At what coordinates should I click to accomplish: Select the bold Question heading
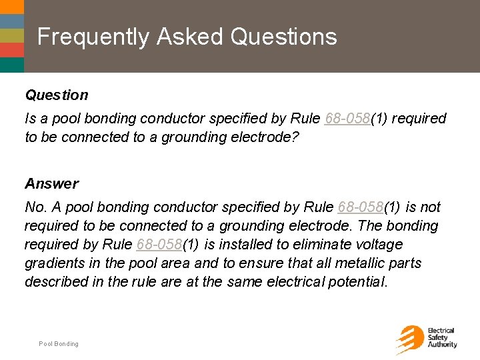(x=57, y=95)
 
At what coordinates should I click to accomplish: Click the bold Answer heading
(x=51, y=183)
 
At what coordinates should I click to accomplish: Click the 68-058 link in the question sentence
(x=347, y=119)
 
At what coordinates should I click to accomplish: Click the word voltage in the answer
(x=379, y=245)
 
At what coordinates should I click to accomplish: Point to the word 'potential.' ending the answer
(x=351, y=282)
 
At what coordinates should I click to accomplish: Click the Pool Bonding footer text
(x=59, y=344)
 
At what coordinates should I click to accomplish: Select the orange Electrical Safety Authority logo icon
(x=409, y=339)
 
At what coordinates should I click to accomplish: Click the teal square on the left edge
(x=11, y=65)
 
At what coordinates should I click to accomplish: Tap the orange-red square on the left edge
(x=11, y=50)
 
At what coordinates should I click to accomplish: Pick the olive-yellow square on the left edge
(x=11, y=35)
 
